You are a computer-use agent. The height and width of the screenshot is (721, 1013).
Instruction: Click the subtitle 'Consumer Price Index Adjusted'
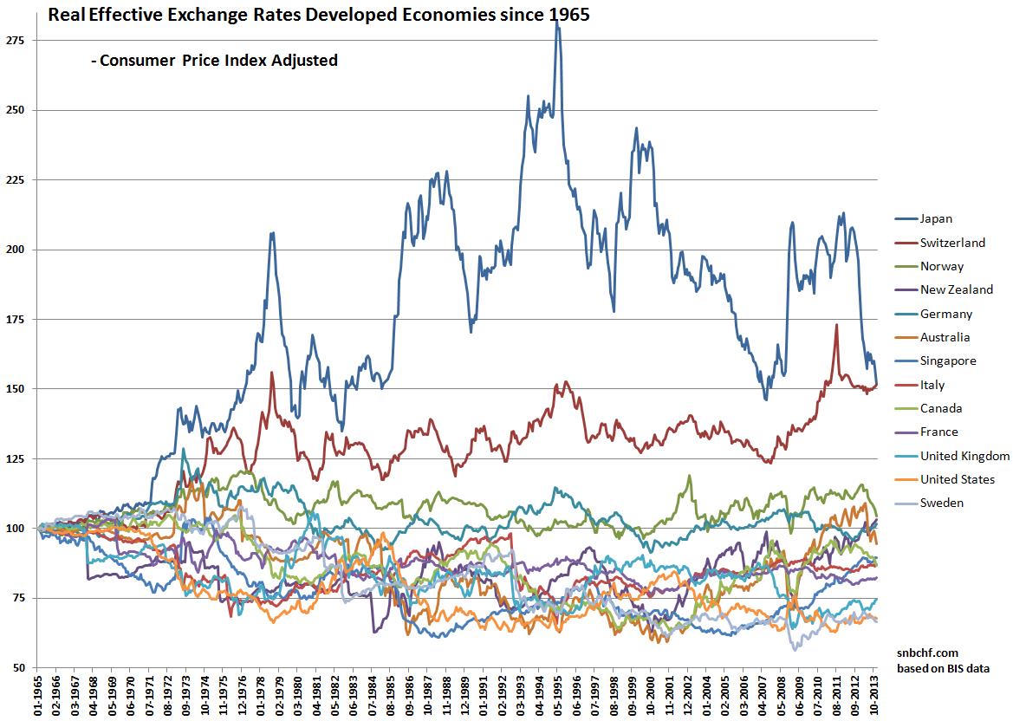[213, 61]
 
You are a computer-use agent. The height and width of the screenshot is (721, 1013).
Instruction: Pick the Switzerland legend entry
[952, 243]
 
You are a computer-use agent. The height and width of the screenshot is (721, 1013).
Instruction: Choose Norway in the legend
[942, 266]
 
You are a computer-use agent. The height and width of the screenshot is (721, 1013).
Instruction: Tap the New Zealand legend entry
[957, 289]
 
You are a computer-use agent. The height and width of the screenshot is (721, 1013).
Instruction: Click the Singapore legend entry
[948, 360]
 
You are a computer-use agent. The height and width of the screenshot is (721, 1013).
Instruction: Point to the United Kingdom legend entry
[964, 456]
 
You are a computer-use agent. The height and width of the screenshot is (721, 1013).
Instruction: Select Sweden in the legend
[942, 503]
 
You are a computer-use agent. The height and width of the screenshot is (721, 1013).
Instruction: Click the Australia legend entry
[945, 337]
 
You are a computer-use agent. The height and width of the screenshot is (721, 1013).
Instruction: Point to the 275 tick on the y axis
[16, 40]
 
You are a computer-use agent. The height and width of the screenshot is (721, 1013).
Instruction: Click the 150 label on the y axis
[16, 389]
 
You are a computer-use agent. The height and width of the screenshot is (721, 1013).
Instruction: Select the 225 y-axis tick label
[16, 179]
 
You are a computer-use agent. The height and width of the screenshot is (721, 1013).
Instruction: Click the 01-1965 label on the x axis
[37, 695]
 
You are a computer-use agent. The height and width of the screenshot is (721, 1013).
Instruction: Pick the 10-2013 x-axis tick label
[874, 695]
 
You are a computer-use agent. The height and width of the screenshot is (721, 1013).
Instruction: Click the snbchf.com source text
[920, 653]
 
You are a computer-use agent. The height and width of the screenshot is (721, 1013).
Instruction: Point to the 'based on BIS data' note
[942, 667]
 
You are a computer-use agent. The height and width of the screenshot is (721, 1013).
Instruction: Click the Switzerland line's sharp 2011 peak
[836, 326]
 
